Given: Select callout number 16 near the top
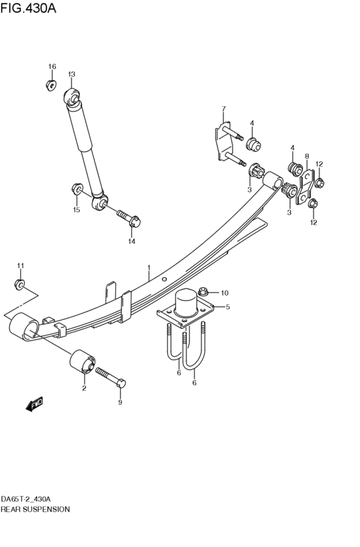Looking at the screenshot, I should click(53, 67).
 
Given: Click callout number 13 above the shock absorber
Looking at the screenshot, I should click(71, 75).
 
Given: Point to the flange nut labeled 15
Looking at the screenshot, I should click(76, 190).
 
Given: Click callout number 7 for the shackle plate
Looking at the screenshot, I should click(224, 108).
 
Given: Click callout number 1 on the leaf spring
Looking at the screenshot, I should click(148, 268).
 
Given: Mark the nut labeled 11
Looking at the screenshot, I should click(21, 283).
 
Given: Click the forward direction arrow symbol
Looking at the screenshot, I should click(34, 404).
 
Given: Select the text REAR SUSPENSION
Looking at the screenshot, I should click(35, 508).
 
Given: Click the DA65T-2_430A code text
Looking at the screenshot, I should click(26, 499).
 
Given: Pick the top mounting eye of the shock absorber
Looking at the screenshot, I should click(72, 98).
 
